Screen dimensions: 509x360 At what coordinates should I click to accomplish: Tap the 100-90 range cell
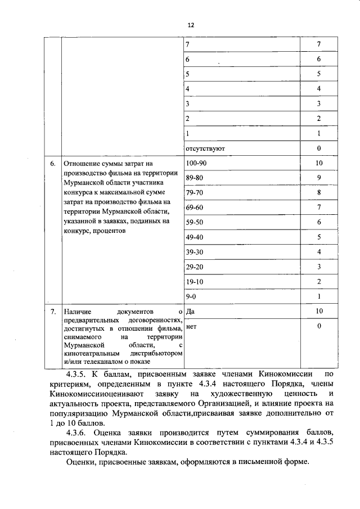(196, 163)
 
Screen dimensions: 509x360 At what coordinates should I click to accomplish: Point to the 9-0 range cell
(191, 296)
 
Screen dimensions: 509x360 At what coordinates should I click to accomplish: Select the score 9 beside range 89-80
(318, 178)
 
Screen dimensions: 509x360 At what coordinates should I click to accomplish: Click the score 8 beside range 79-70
(318, 193)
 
